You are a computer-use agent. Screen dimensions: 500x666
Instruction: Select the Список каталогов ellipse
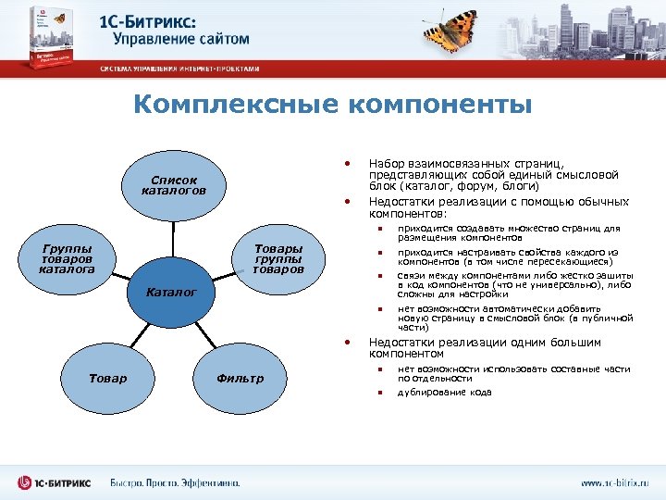pyautogui.click(x=172, y=185)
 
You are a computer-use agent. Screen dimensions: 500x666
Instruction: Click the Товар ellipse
pyautogui.click(x=107, y=378)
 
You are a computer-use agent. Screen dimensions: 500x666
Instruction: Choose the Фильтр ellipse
pyautogui.click(x=239, y=378)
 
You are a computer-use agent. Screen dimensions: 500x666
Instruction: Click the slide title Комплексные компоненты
pyautogui.click(x=332, y=105)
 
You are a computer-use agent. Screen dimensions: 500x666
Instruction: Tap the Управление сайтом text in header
pyautogui.click(x=181, y=39)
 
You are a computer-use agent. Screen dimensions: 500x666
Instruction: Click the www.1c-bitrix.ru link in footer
pyautogui.click(x=614, y=482)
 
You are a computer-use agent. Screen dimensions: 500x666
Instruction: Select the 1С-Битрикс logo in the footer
pyautogui.click(x=55, y=482)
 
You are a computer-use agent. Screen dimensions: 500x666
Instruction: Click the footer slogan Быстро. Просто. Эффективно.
pyautogui.click(x=175, y=482)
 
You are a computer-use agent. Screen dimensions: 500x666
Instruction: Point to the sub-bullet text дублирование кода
pyautogui.click(x=444, y=392)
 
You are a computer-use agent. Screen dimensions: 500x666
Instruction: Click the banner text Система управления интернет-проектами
pyautogui.click(x=180, y=69)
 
